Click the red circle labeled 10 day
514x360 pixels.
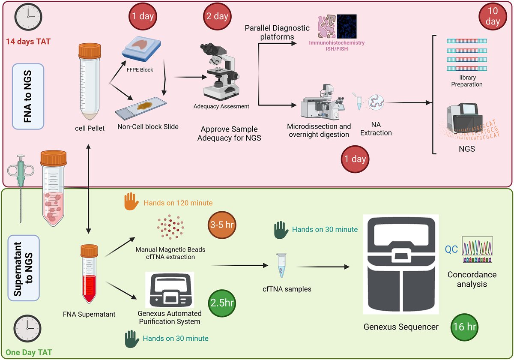493,17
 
